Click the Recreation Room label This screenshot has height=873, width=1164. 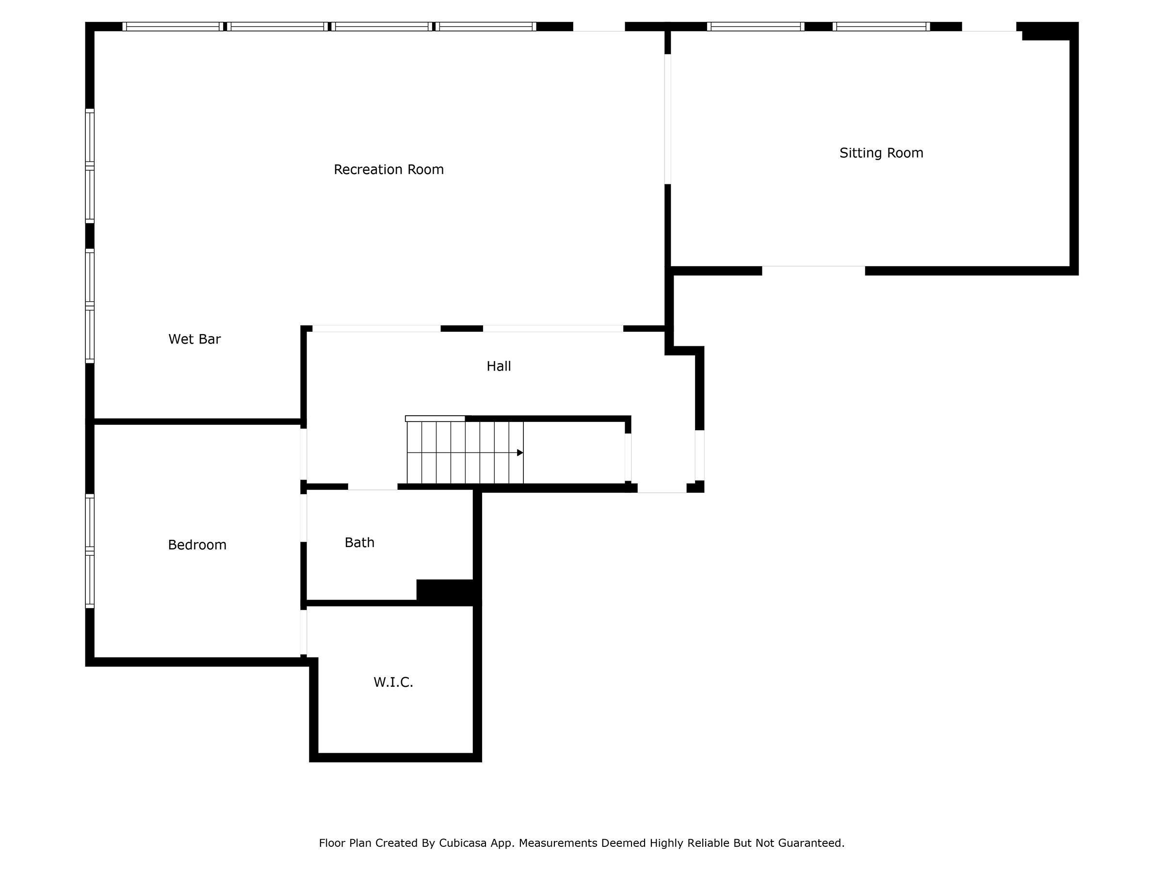(388, 169)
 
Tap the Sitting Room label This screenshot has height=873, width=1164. (881, 153)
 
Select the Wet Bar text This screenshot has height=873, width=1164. (194, 339)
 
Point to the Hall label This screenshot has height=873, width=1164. (498, 366)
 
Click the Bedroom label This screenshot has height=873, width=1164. (197, 545)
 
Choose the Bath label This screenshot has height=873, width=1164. (359, 543)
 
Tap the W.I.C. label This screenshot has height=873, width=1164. (393, 682)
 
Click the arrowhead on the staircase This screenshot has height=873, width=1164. (520, 453)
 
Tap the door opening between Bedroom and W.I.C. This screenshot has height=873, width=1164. (304, 632)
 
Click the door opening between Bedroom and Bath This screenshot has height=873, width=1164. (304, 518)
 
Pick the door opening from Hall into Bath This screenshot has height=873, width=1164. (372, 487)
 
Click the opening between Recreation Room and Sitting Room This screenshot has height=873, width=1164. (667, 119)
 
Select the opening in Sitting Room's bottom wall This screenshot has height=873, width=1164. (813, 271)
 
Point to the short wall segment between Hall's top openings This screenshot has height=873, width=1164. (462, 329)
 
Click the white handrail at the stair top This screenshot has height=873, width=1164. (435, 419)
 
